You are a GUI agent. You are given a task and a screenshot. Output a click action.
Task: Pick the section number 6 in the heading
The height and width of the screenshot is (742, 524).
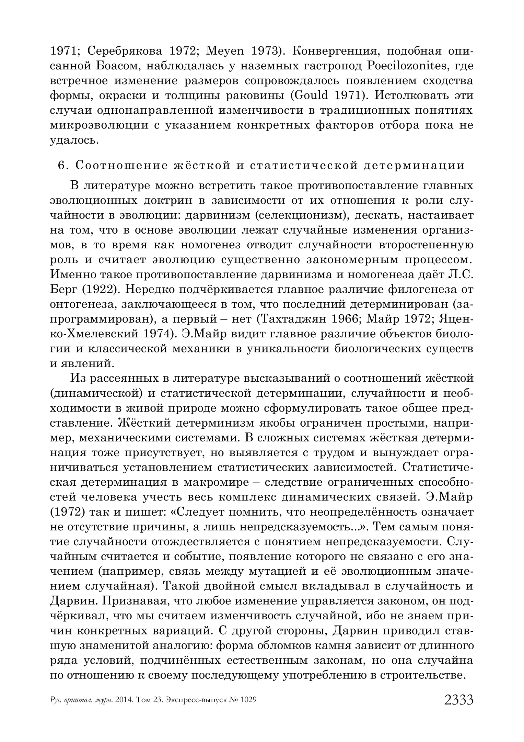(61, 165)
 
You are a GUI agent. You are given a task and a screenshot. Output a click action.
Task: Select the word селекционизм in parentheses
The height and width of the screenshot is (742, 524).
(302, 216)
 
